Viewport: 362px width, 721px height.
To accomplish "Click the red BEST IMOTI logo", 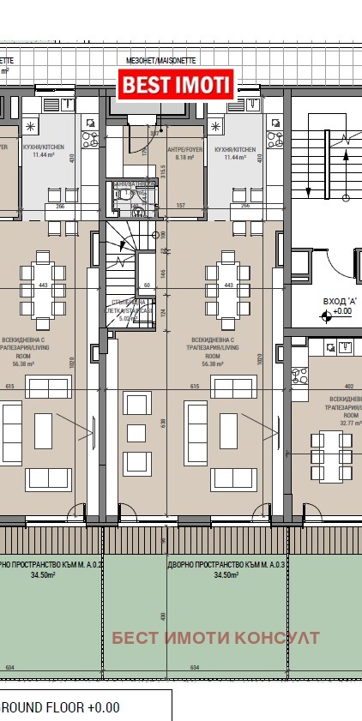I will click(x=176, y=85).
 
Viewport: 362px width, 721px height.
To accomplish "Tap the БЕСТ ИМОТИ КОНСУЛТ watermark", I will click(x=215, y=638).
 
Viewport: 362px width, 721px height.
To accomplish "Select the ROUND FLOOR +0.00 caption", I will click(x=60, y=708).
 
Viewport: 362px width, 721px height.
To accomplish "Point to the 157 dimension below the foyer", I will click(x=181, y=207).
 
